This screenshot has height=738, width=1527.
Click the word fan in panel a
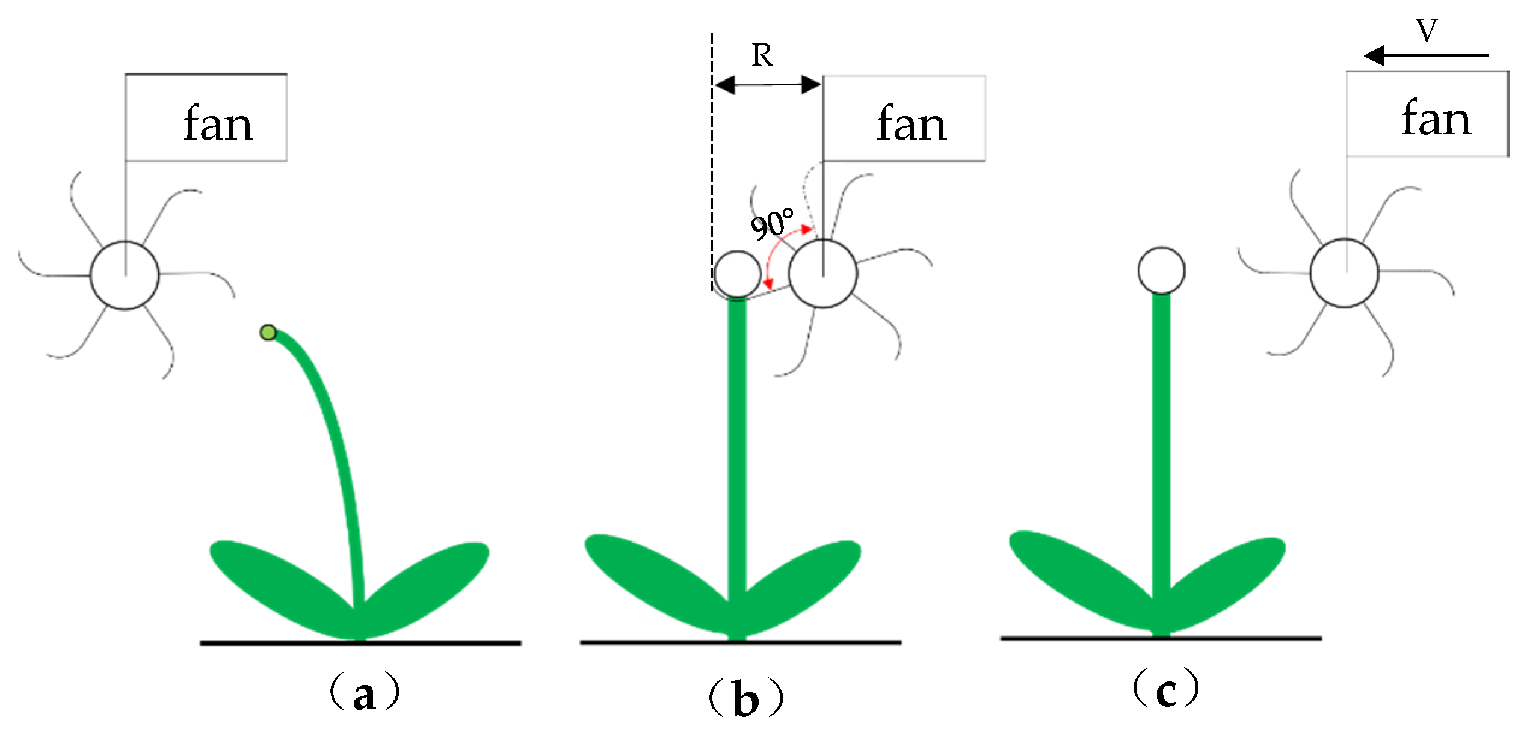(x=218, y=123)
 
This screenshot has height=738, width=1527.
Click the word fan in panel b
(x=912, y=123)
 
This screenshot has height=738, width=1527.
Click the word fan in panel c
(x=1437, y=118)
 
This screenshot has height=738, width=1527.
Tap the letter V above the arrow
(x=1427, y=31)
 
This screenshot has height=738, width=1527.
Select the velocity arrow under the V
(x=1426, y=55)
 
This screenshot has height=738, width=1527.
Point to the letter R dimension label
(x=762, y=56)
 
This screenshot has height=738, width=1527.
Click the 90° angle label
(x=771, y=224)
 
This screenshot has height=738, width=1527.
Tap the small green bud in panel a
(x=268, y=332)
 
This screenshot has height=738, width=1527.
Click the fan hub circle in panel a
(x=125, y=275)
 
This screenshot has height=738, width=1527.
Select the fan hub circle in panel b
(x=822, y=274)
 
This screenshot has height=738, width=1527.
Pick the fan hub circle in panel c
(x=1344, y=273)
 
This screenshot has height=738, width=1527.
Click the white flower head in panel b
(x=737, y=274)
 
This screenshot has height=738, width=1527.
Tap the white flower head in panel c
(x=1161, y=271)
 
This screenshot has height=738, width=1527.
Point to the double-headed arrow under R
(x=768, y=85)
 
